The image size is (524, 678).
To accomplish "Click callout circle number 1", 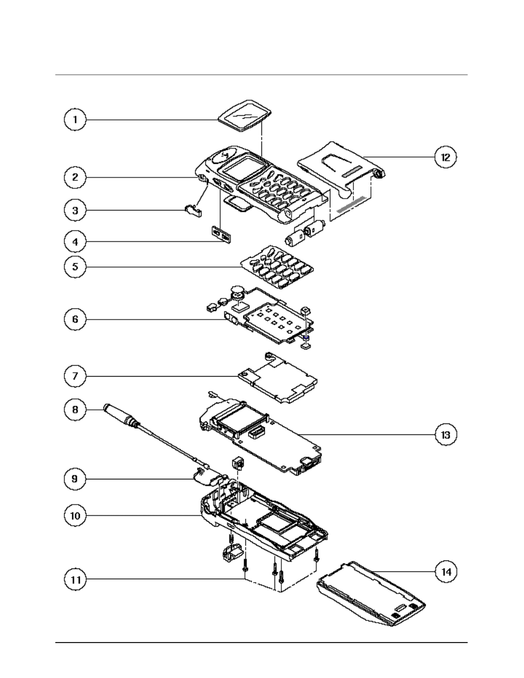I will click(x=74, y=120).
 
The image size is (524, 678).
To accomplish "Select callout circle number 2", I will click(x=74, y=177).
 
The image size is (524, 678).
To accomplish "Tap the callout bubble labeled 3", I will click(x=74, y=211).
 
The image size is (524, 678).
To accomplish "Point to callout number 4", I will click(x=74, y=241).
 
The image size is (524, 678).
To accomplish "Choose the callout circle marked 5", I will click(x=74, y=267).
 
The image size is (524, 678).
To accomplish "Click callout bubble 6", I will click(x=74, y=320).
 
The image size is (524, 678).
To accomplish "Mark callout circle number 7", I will click(x=74, y=376).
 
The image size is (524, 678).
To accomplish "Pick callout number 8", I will click(x=74, y=409).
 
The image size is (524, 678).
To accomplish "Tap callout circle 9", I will click(x=74, y=480).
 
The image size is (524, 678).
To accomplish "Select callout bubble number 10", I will click(x=74, y=515).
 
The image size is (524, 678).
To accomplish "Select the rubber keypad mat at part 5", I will click(x=278, y=267).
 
